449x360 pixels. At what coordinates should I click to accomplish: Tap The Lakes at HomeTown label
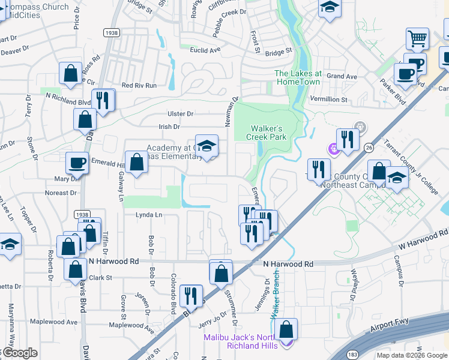coord(298,77)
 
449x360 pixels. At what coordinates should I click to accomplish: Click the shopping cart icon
coord(417,38)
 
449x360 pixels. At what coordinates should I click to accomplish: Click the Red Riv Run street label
coord(139,86)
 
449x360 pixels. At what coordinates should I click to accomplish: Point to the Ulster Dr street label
coord(181,113)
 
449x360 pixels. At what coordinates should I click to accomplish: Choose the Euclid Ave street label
coord(205,50)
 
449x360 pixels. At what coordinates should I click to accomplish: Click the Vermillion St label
coord(328,99)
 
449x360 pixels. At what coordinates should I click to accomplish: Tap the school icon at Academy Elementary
coord(206,146)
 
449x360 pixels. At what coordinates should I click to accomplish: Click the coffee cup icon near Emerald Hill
coord(77,163)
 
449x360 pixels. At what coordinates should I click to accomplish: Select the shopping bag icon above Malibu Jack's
coord(286,329)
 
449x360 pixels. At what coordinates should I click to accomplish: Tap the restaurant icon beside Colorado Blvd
coord(191,295)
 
